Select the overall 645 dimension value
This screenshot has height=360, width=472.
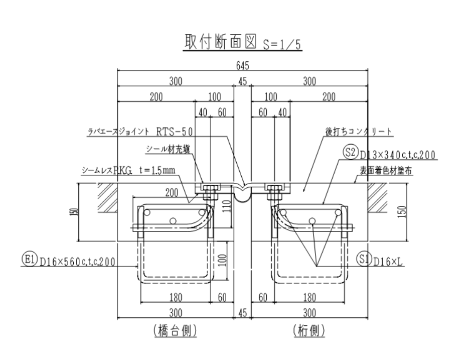point(243,65)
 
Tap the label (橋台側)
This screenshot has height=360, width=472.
point(175,330)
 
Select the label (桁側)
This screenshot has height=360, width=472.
point(309,330)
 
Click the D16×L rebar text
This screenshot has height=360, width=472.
point(384,260)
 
